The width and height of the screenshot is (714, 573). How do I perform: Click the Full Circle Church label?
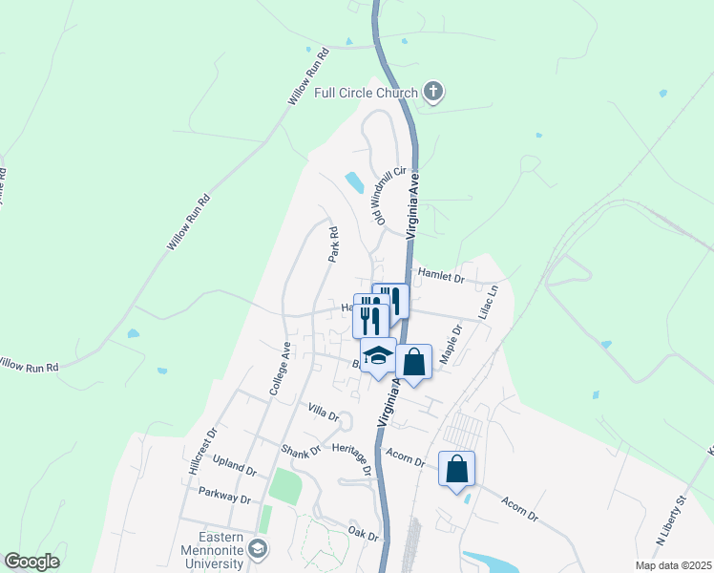[x=367, y=93]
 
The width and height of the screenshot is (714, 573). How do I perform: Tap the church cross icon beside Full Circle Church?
[x=433, y=93]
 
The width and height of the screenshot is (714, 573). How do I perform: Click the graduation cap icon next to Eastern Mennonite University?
[x=259, y=548]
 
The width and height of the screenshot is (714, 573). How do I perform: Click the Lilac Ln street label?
[x=489, y=302]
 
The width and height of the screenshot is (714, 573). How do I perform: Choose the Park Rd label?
[x=333, y=244]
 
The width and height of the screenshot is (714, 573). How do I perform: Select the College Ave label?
[x=279, y=369]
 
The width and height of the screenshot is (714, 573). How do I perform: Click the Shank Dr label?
[x=300, y=449]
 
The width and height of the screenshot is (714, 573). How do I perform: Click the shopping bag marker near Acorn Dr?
[x=457, y=469]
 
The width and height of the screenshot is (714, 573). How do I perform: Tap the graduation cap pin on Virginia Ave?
[x=378, y=354]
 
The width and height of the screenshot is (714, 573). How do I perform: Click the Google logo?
[x=32, y=562]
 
